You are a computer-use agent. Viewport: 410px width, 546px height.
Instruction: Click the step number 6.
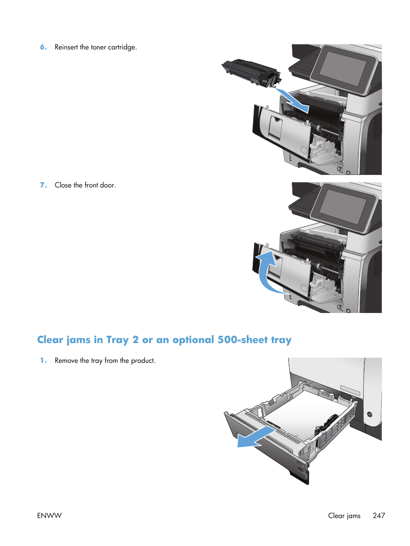[43, 47]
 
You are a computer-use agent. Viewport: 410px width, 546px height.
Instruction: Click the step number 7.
[43, 185]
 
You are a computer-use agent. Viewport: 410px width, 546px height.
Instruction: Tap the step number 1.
[43, 361]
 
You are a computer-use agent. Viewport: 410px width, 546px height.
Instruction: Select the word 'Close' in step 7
[63, 185]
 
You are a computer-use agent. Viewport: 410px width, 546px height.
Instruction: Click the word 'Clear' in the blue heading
[50, 340]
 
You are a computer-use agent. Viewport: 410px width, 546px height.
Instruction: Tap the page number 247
[379, 515]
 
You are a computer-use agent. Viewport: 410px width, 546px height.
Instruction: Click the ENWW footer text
[49, 515]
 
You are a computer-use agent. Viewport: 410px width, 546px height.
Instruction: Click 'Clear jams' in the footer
[344, 515]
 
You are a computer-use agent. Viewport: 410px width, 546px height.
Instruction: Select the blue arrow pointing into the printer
[292, 100]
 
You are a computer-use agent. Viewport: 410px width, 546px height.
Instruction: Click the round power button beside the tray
[369, 415]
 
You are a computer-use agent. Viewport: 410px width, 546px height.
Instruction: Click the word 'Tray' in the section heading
[117, 340]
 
